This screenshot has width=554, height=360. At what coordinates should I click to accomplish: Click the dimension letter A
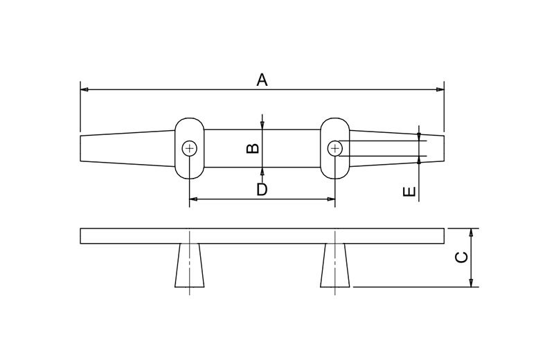(262, 80)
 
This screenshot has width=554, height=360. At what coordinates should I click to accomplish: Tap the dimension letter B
(253, 147)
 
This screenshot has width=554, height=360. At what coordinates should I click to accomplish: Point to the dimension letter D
(262, 189)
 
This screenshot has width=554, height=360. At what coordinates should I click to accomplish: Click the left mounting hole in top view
(190, 148)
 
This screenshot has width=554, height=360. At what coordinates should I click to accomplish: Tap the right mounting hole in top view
(335, 148)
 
